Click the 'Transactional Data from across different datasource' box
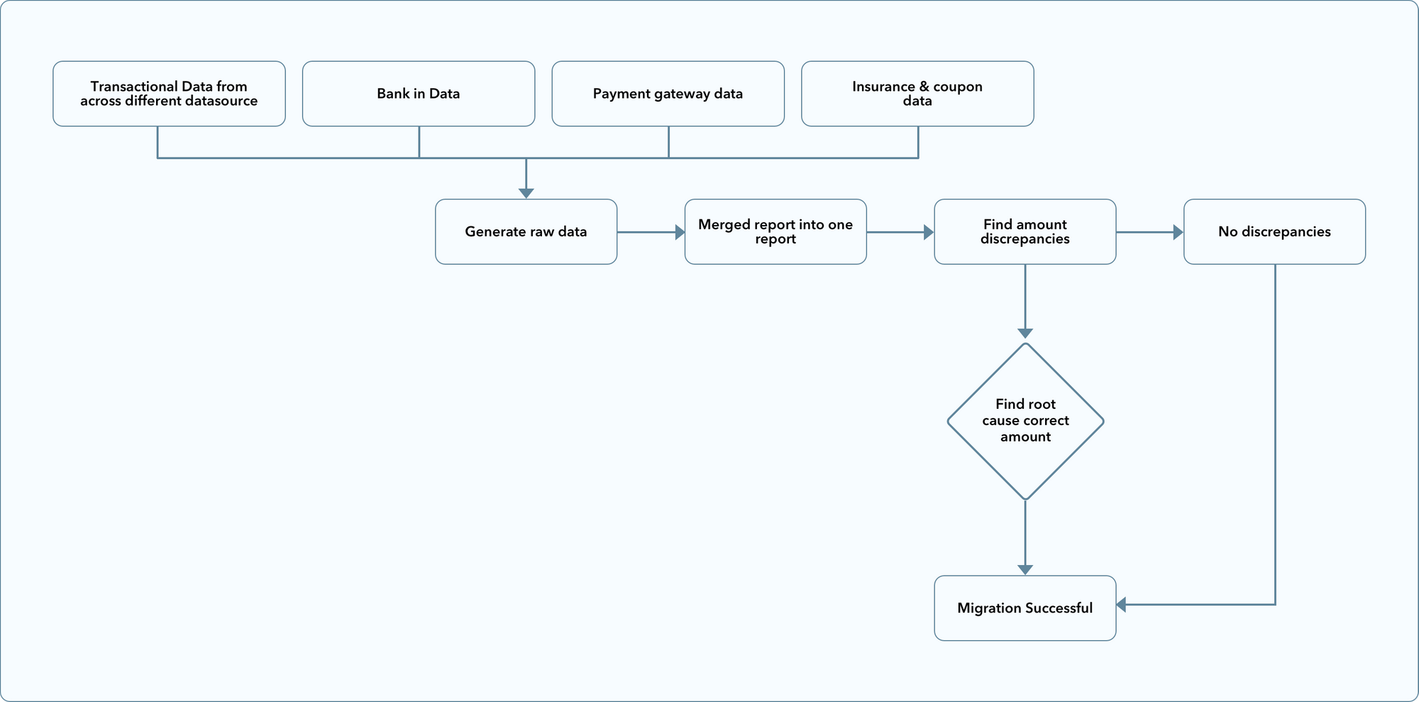[169, 94]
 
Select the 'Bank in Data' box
[419, 94]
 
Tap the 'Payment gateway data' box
[668, 94]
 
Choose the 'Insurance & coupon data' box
[917, 94]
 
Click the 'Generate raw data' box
[526, 232]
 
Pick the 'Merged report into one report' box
[775, 232]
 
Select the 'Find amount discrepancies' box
[1025, 232]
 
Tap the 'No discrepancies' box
[1274, 232]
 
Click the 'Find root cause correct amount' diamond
[1025, 422]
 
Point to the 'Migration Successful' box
[1025, 608]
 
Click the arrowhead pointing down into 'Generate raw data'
[526, 193]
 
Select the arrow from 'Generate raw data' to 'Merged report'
[651, 232]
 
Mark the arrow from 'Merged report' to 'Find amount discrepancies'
[900, 232]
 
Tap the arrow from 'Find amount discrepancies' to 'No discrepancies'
[1150, 232]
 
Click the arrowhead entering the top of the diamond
[1025, 334]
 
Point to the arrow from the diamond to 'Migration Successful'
[1025, 537]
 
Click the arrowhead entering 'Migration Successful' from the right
[1121, 605]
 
